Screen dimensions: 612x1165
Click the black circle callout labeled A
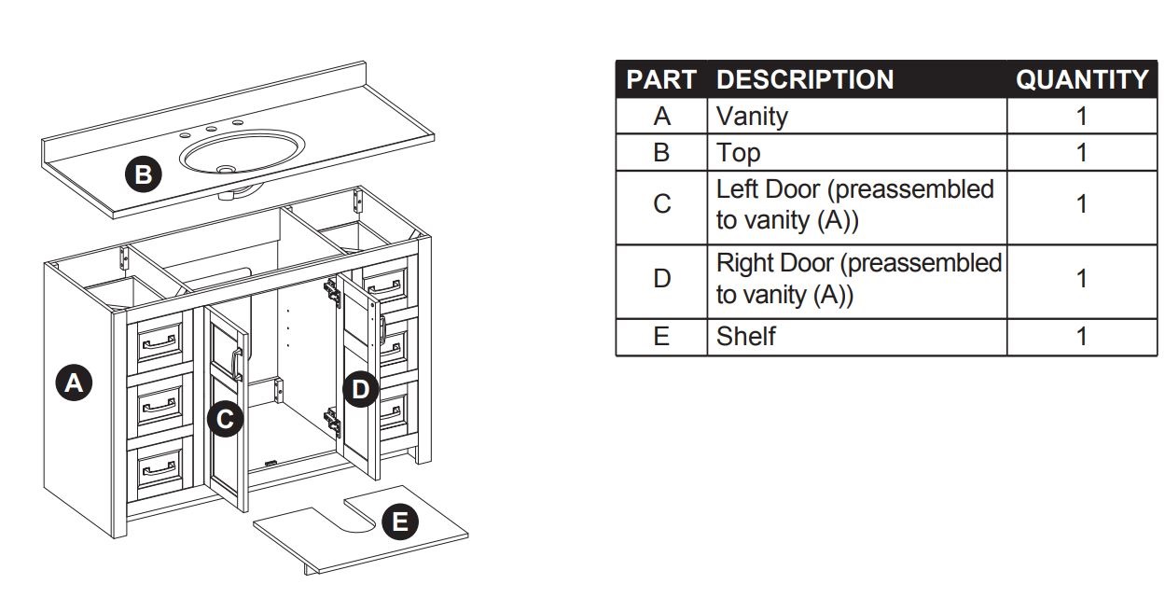point(74,383)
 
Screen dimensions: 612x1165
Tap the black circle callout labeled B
point(144,174)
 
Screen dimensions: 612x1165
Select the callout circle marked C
point(225,419)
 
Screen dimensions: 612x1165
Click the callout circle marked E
point(400,522)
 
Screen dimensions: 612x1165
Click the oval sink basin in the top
point(243,153)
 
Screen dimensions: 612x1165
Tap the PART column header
point(661,80)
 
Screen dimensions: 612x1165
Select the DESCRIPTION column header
point(805,80)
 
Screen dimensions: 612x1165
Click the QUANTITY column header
point(1081,80)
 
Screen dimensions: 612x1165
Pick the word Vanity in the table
point(752,117)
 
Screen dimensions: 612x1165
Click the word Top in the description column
point(738,152)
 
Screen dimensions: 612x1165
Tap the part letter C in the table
point(661,204)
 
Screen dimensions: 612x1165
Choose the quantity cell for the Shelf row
point(1081,336)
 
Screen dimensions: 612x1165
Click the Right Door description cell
point(857,279)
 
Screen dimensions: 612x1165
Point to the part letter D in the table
point(661,279)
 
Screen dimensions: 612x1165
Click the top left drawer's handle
point(156,343)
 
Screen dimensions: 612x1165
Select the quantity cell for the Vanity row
point(1081,117)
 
